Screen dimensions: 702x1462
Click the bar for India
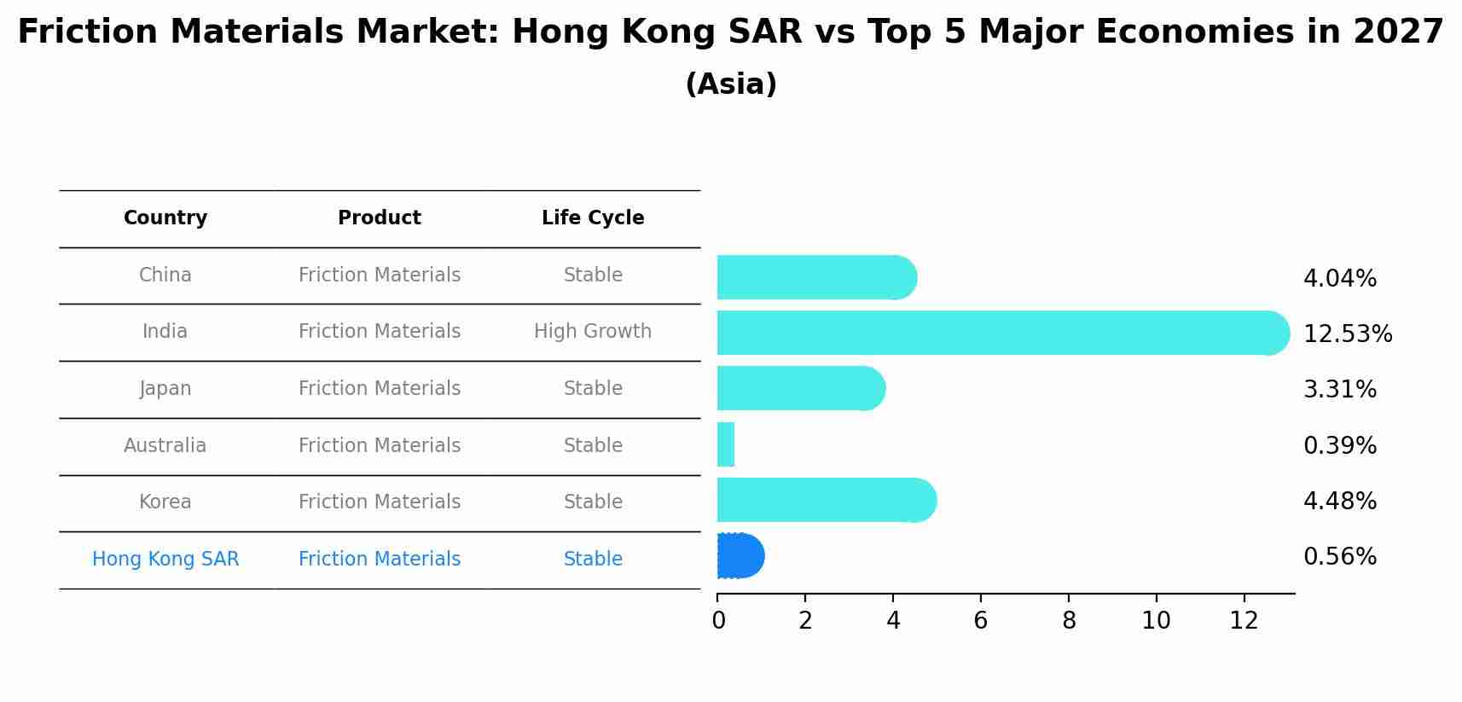(x=998, y=333)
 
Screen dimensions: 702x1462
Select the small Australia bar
(x=726, y=444)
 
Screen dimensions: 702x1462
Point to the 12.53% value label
(x=1347, y=334)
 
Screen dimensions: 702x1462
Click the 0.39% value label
(x=1339, y=445)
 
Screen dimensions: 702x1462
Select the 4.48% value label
(x=1339, y=501)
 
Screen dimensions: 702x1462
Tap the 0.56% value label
(x=1339, y=557)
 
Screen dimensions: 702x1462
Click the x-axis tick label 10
(x=1156, y=621)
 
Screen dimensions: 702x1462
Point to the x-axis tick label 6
(x=981, y=621)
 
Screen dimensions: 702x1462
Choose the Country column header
(x=165, y=218)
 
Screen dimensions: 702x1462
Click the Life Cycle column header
(x=593, y=218)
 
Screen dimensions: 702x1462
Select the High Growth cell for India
(x=593, y=331)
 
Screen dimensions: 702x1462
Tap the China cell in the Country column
(x=165, y=275)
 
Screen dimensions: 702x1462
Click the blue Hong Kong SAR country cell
(x=165, y=559)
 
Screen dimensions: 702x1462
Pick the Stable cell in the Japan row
(x=593, y=388)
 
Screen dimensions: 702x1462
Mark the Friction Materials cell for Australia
(x=380, y=445)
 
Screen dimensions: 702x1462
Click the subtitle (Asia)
(x=731, y=84)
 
